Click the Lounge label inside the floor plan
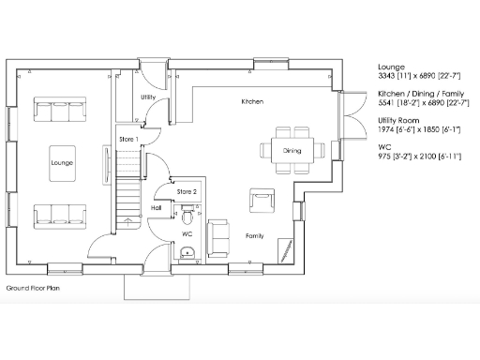tap(62, 163)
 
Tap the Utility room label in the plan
tap(148, 97)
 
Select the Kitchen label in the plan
tap(251, 100)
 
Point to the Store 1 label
tap(128, 139)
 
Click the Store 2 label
tap(187, 191)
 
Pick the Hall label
tap(157, 208)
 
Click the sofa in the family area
tap(219, 238)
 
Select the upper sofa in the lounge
tap(62, 111)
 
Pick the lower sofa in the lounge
tap(62, 216)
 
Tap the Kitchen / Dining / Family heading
tap(419, 95)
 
